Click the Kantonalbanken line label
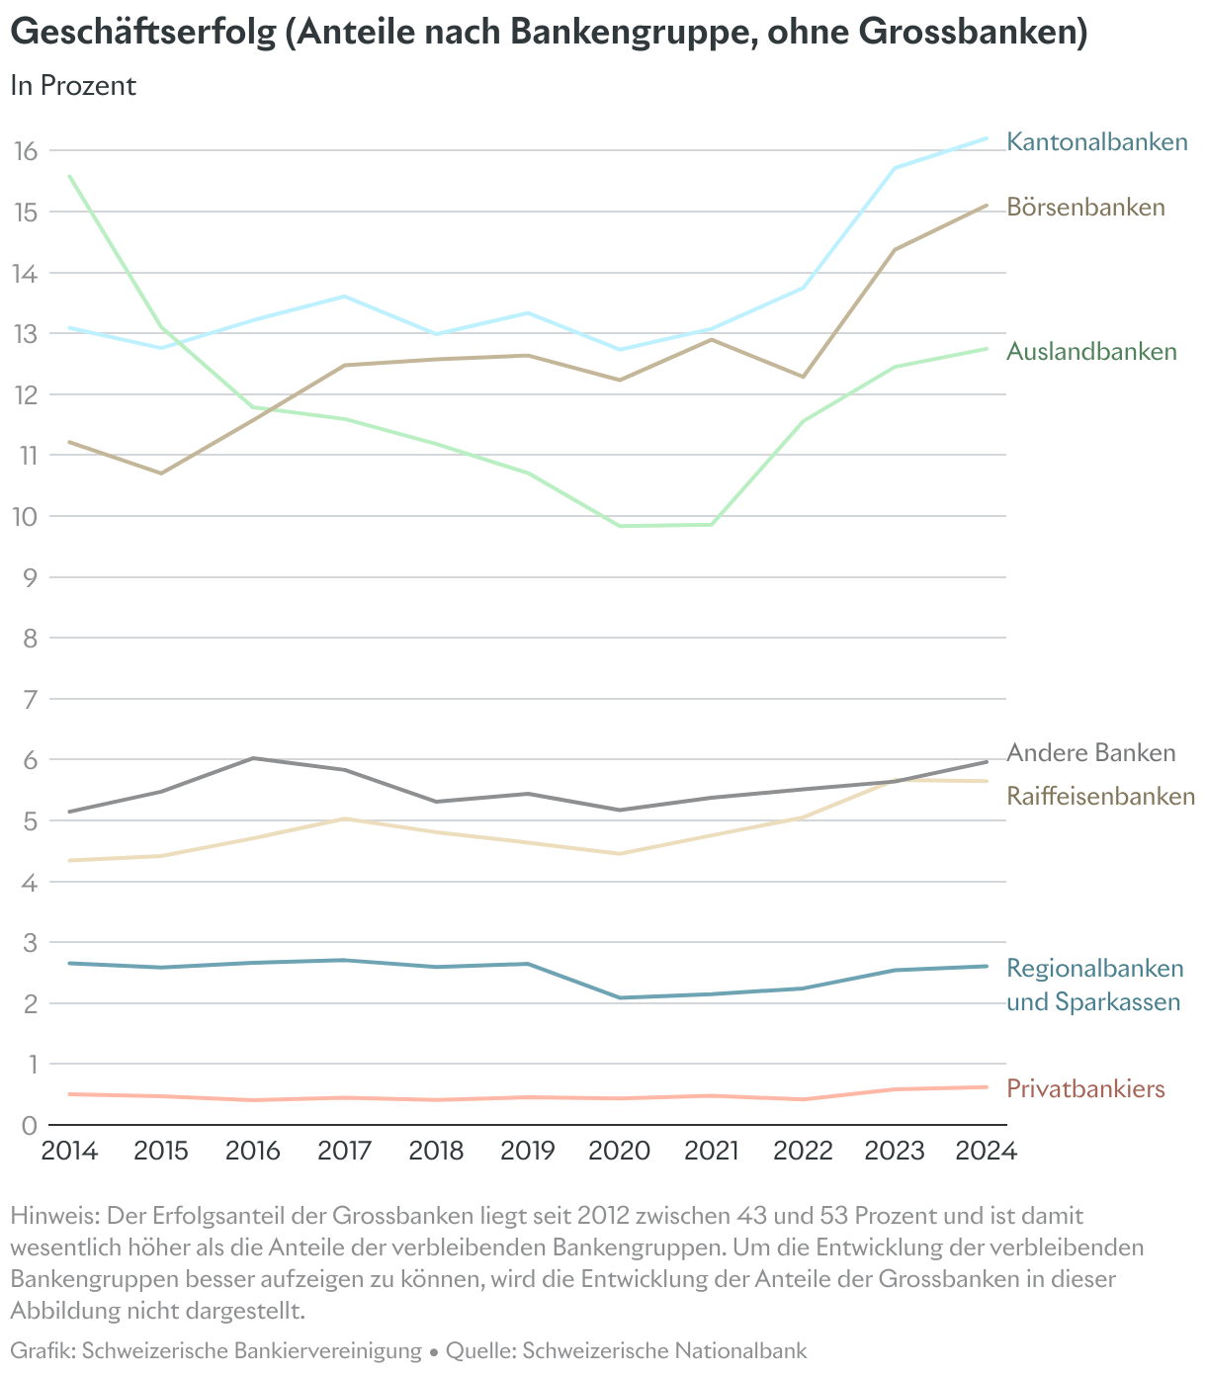[1096, 142]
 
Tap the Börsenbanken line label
[1085, 208]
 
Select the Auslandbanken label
[1091, 352]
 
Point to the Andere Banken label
[1091, 753]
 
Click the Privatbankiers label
[1085, 1089]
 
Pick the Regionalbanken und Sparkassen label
[1094, 985]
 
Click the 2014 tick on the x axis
[69, 1152]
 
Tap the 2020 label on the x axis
[620, 1152]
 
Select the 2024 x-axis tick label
[987, 1152]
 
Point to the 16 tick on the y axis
[26, 151]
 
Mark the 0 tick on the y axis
[29, 1125]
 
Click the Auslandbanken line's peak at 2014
[69, 176]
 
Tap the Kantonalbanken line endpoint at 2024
[987, 138]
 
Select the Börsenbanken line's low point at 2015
[161, 473]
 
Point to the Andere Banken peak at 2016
[253, 758]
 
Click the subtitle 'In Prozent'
[73, 86]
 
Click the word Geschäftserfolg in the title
[142, 33]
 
